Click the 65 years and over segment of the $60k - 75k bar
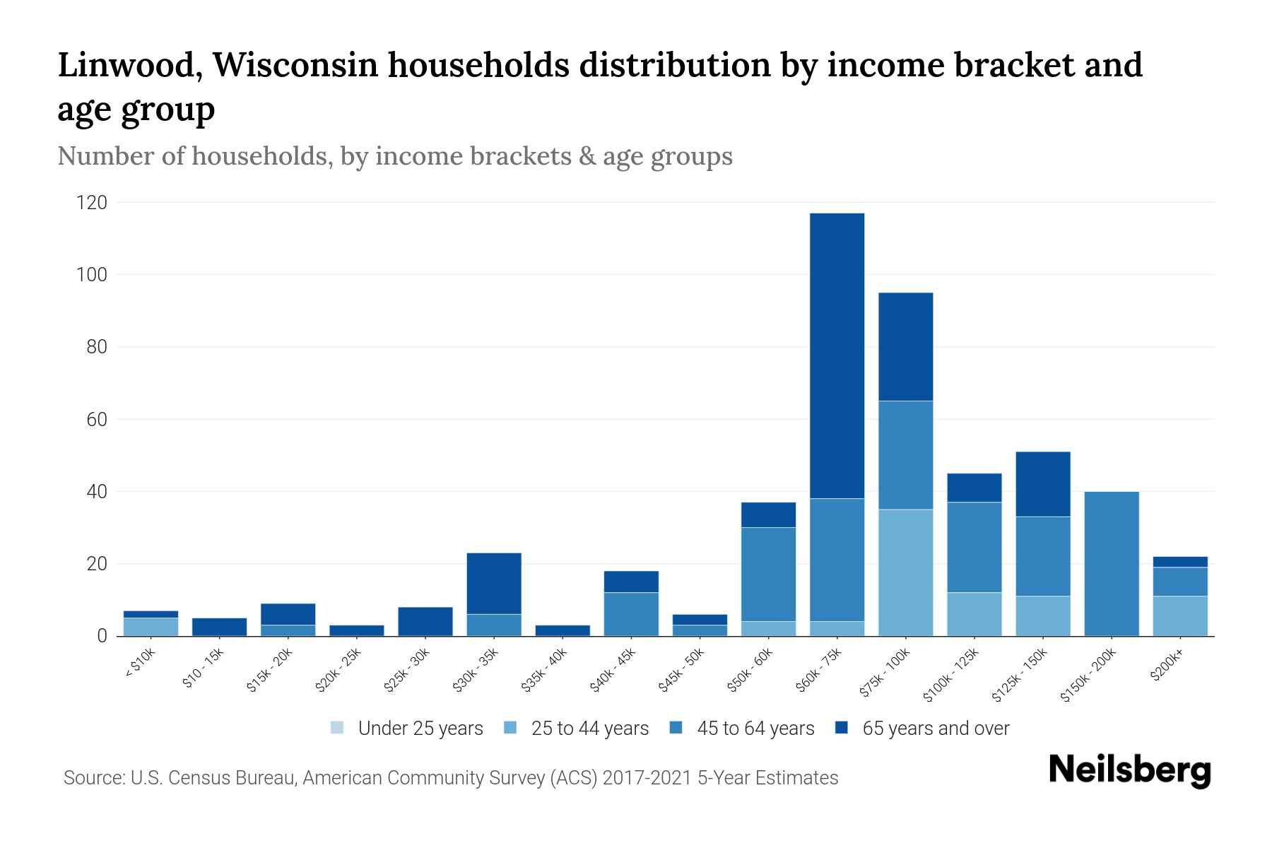[x=837, y=355]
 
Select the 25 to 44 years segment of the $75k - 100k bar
[x=905, y=572]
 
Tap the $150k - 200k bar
[x=1111, y=563]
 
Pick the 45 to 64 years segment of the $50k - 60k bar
[x=768, y=574]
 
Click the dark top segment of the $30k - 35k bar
[x=494, y=583]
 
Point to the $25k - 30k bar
[x=425, y=621]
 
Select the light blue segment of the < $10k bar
[x=151, y=627]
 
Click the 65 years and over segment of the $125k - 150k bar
[x=1042, y=484]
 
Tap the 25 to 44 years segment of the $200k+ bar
[x=1179, y=616]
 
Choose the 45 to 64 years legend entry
[x=742, y=728]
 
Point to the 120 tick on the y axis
[x=92, y=203]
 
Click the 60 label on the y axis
[x=97, y=420]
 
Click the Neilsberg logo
[x=1129, y=770]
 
